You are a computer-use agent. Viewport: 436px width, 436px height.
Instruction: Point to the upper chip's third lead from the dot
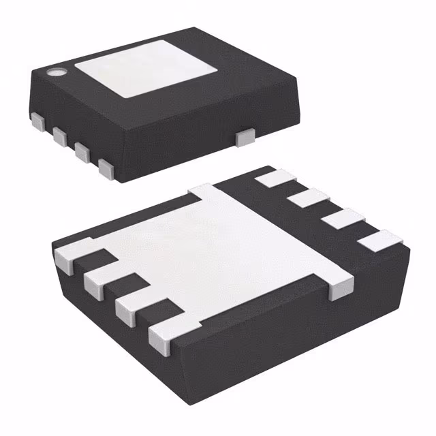tap(83, 151)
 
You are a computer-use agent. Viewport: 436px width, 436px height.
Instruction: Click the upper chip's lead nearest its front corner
tap(106, 168)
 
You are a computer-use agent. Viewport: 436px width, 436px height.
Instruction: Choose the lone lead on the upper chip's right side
tap(243, 138)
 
